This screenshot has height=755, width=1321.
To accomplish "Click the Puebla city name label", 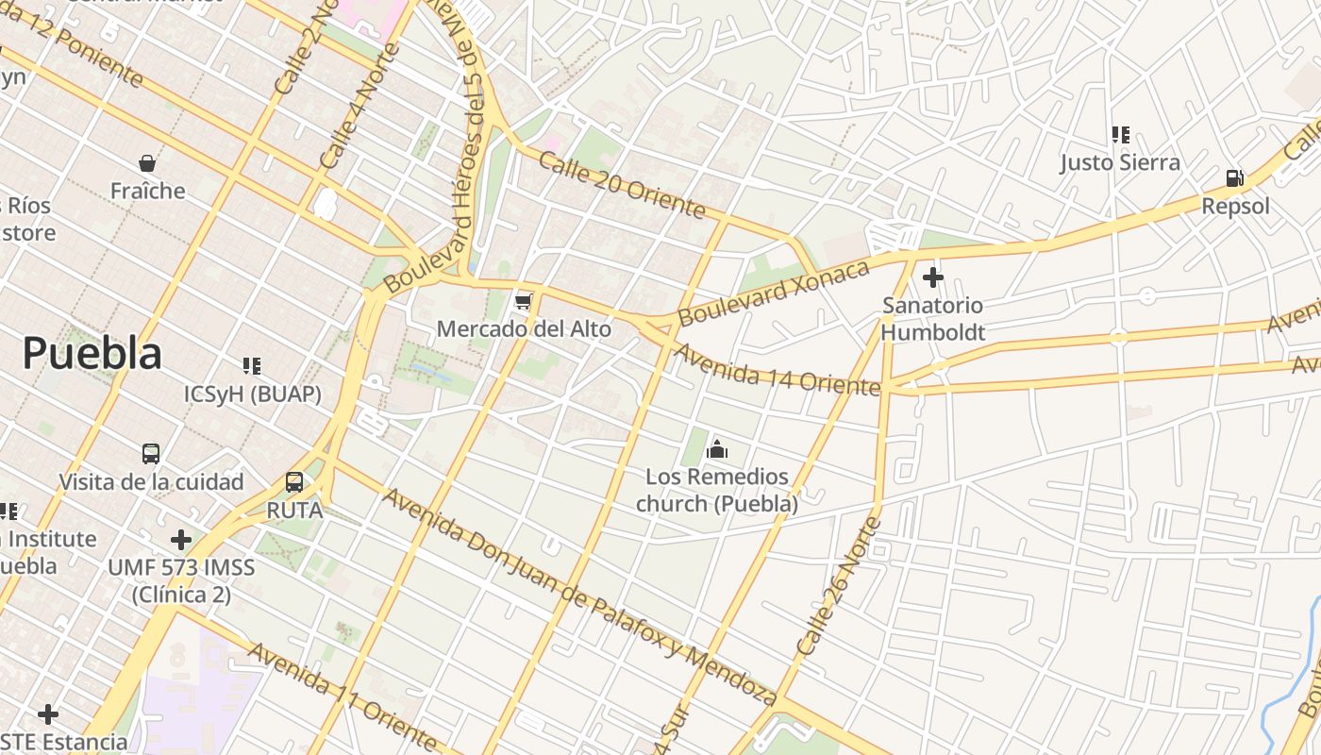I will [92, 354].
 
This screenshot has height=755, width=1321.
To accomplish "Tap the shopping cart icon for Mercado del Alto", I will [524, 302].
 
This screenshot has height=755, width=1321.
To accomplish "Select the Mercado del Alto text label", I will [524, 329].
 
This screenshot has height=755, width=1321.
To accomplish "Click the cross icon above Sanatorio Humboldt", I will [933, 277].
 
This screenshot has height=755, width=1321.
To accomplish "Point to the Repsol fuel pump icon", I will [1234, 177].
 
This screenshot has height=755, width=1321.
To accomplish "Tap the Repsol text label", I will [1235, 206].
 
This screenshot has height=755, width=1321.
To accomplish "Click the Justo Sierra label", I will [1120, 162].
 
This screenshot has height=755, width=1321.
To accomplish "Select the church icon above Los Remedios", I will [717, 449].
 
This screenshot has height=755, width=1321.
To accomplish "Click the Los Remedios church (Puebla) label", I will [717, 490].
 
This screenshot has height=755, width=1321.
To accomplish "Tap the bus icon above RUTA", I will [294, 482].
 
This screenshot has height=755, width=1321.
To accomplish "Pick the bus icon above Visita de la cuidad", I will [151, 454].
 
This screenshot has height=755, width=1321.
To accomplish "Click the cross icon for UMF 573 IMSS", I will [181, 540].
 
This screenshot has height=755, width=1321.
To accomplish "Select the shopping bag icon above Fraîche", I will [147, 163].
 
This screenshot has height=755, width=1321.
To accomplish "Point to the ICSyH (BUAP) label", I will [252, 394].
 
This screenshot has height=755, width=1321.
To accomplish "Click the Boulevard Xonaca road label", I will [774, 294].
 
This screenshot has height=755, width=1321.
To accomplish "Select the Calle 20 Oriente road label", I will [622, 184].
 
